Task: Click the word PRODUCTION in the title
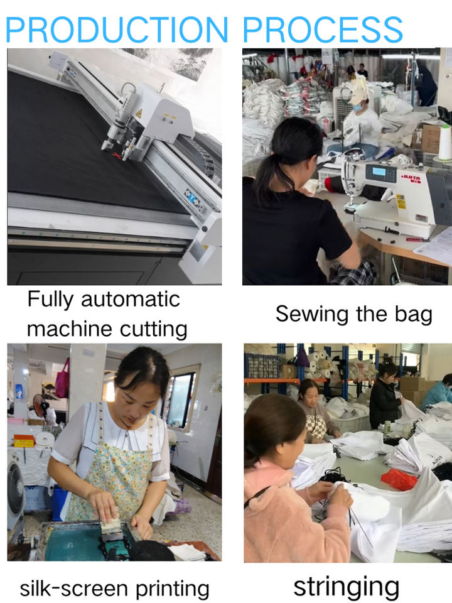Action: (x=117, y=30)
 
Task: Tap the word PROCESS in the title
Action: (x=323, y=30)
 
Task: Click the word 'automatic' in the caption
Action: (x=131, y=299)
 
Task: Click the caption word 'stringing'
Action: (x=347, y=587)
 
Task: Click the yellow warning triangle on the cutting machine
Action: (x=139, y=114)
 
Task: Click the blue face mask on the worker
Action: (x=358, y=107)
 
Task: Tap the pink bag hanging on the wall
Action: (x=63, y=379)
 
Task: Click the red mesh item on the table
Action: (x=399, y=479)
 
